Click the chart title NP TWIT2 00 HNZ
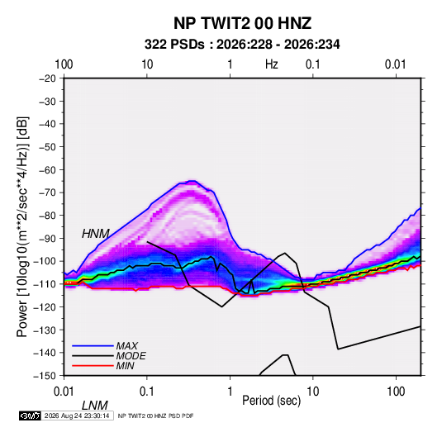pos(242,23)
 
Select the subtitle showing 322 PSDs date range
pos(242,45)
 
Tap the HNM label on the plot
pos(96,234)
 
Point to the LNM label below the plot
pos(95,406)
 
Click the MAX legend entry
pos(127,346)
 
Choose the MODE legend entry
pos(131,356)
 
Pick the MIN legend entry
pos(125,366)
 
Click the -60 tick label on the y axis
pos(47,169)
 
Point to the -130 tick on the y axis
pos(45,330)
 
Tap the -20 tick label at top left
pos(47,78)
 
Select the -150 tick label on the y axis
pos(45,376)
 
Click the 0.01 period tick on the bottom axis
pos(64,392)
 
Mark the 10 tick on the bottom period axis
pos(312,392)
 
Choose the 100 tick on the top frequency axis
pos(64,64)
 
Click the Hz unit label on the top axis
pos(272,64)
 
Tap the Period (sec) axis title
pos(272,401)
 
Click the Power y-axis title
pos(22,226)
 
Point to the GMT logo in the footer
pos(31,416)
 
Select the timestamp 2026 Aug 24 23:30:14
pos(77,416)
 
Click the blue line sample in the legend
pos(93,346)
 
